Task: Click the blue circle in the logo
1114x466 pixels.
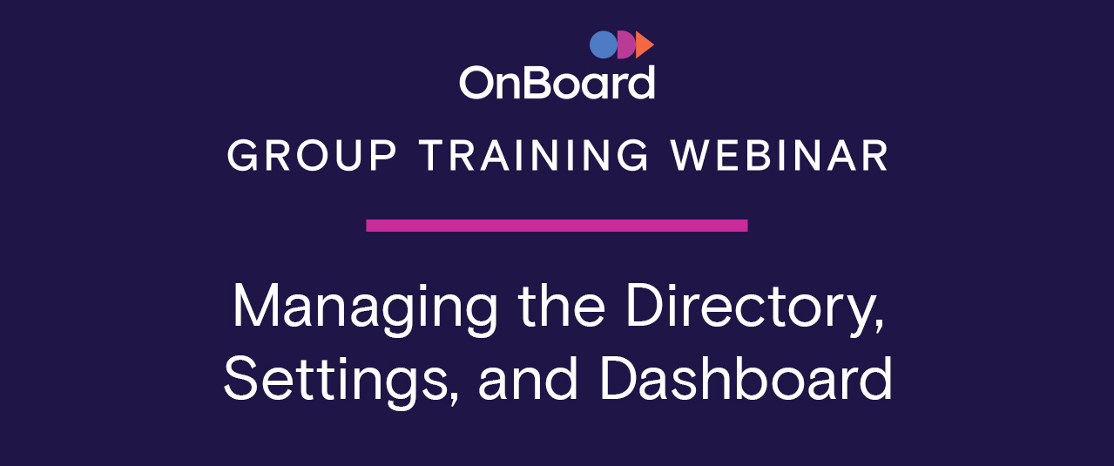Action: (x=604, y=44)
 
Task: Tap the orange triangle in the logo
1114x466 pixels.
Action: (x=644, y=44)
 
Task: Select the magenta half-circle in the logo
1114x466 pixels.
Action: (x=626, y=44)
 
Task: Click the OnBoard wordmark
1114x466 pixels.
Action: (x=557, y=83)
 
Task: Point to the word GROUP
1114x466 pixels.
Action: (x=312, y=156)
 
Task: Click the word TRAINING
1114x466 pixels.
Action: (x=534, y=156)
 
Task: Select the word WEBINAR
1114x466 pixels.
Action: (x=780, y=156)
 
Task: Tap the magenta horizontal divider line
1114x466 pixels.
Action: (x=557, y=226)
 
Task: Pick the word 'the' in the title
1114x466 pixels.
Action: (x=562, y=304)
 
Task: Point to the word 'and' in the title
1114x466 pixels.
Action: (x=528, y=378)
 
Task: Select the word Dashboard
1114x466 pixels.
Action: (x=746, y=378)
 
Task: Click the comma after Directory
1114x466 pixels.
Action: (x=879, y=326)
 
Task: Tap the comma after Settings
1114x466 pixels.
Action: (x=454, y=399)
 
